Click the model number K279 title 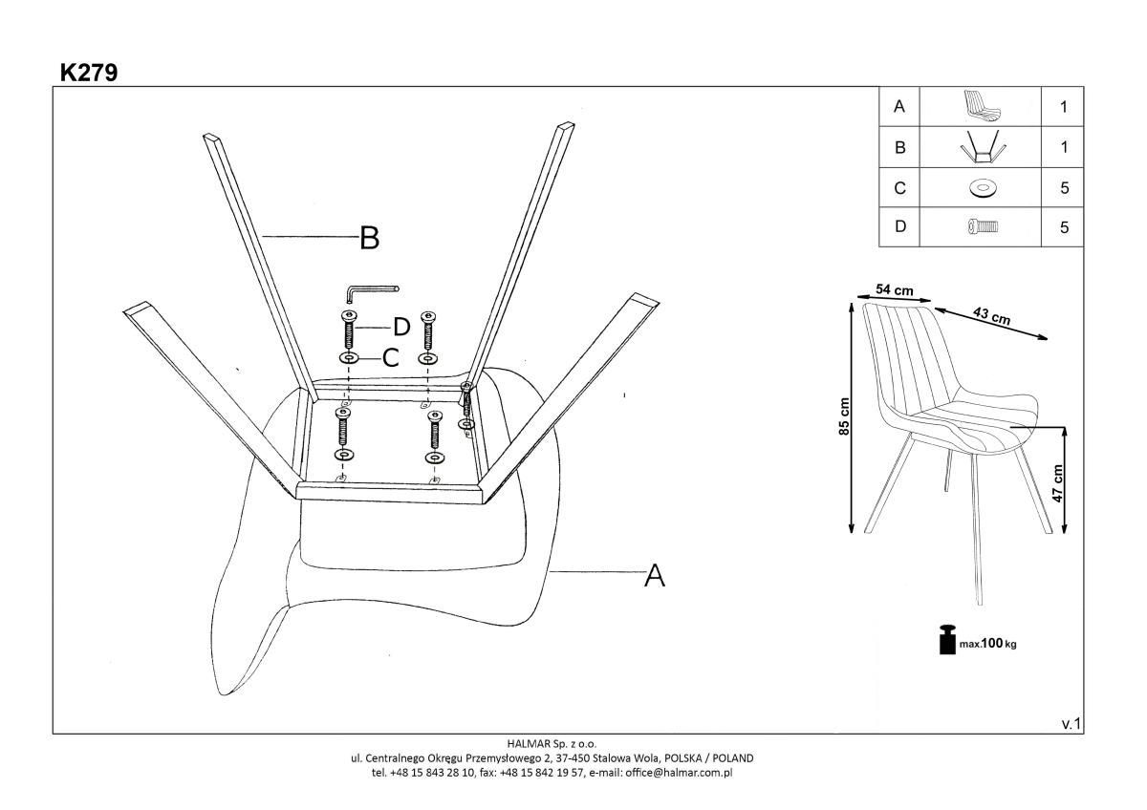point(89,73)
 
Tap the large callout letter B point(369,238)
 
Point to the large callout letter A point(654,575)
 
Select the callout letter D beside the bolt point(401,327)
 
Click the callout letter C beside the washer point(390,358)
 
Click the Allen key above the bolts point(372,289)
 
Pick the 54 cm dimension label point(895,289)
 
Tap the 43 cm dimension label point(991,315)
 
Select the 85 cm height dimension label point(844,416)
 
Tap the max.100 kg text point(988,644)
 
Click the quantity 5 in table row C point(1064,188)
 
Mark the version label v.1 point(1071,725)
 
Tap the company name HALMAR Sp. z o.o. point(552,743)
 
